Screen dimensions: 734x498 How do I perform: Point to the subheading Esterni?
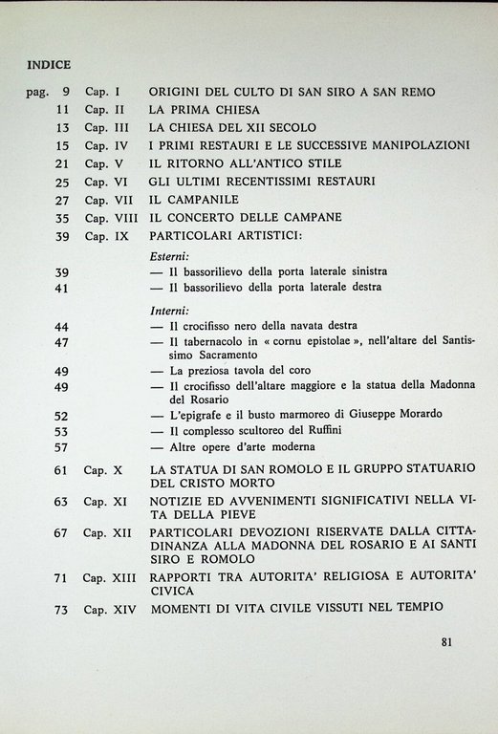pos(170,257)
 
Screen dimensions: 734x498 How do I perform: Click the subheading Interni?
pos(170,311)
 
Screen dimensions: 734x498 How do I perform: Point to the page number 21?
pos(63,163)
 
